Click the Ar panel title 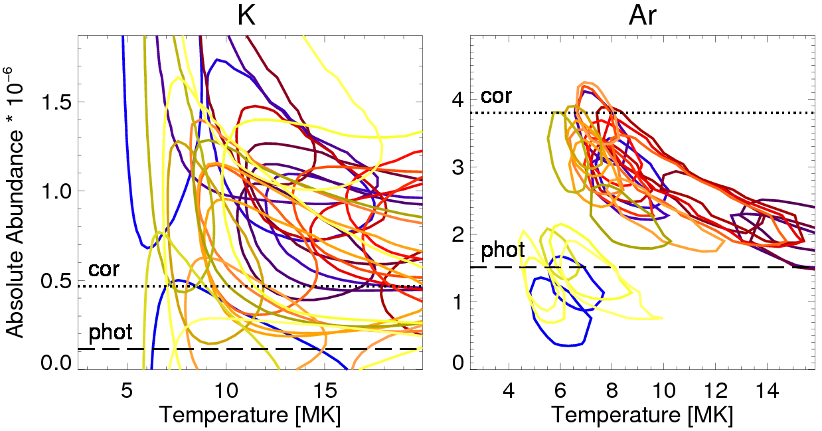click(x=643, y=17)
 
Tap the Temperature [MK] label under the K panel click(x=250, y=415)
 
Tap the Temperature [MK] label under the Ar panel click(x=642, y=415)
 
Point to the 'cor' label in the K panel click(x=104, y=270)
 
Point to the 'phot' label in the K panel click(x=110, y=331)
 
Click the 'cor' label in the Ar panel click(x=496, y=97)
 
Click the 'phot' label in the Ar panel click(x=503, y=250)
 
